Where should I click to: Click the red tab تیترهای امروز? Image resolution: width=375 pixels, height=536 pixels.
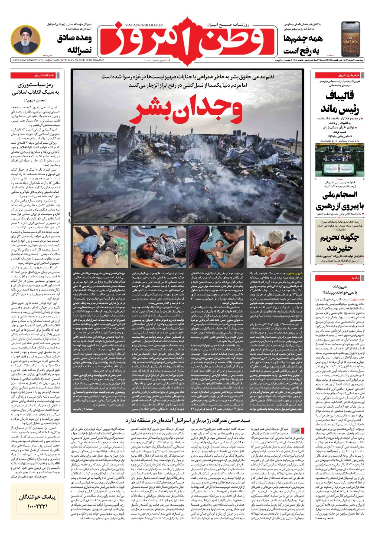pos(340,76)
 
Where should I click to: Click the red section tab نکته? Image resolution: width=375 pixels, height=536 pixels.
pos(342,278)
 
